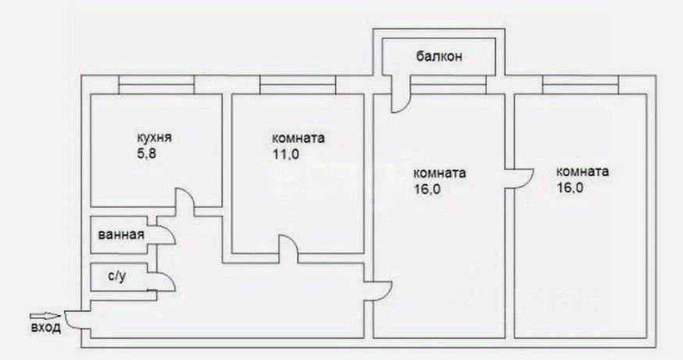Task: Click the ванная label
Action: click(120, 234)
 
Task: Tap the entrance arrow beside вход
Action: click(47, 316)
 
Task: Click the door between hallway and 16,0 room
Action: click(381, 289)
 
